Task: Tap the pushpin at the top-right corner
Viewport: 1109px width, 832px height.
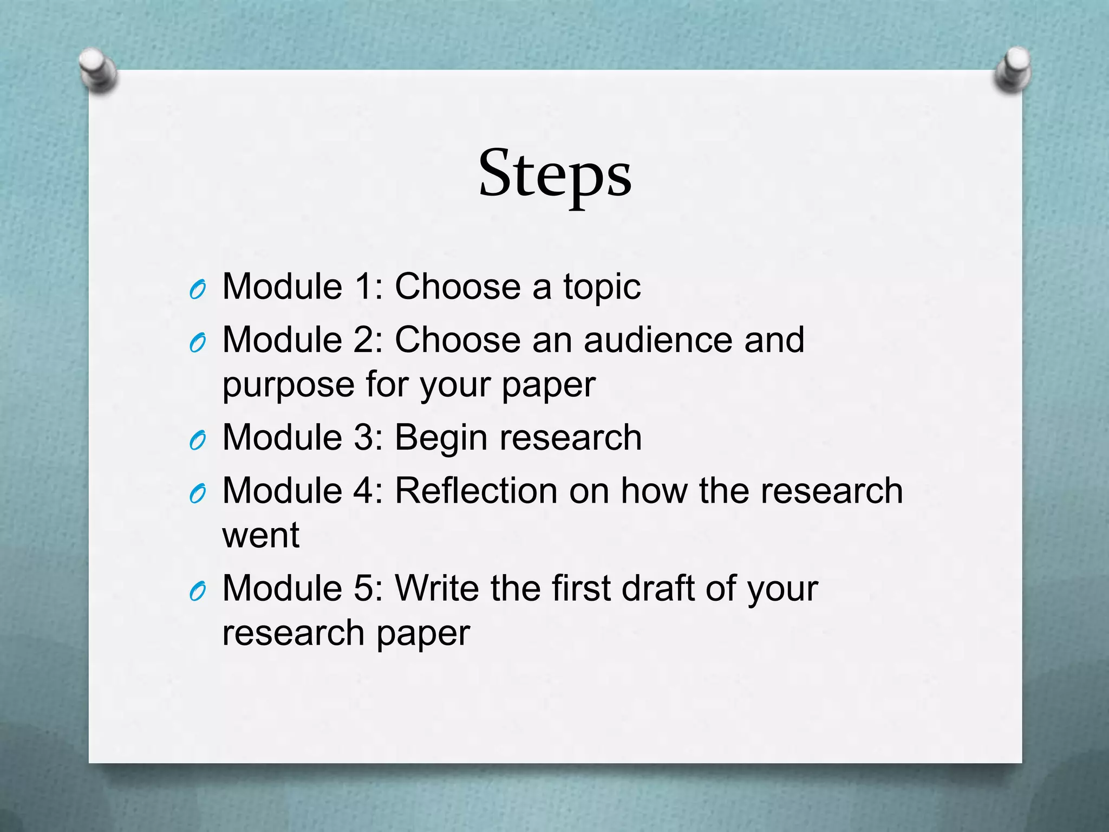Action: coord(1013,70)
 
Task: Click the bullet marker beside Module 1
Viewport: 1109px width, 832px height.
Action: coord(198,290)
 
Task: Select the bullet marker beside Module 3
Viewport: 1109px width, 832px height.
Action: coord(198,441)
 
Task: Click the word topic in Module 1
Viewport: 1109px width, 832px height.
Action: coord(602,287)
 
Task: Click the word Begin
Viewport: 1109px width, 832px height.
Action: coord(441,438)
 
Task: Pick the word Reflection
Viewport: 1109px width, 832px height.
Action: coord(477,491)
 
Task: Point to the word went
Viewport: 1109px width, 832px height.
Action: coord(260,536)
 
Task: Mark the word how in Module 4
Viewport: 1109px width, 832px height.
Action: coord(654,491)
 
